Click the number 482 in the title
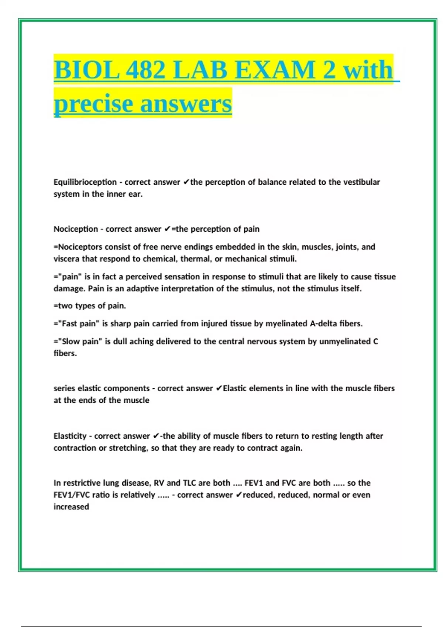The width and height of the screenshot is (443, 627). (x=145, y=70)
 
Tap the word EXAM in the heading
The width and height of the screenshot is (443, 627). (x=275, y=70)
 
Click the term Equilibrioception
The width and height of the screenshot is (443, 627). (x=85, y=182)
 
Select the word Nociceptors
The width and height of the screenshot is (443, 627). (x=79, y=247)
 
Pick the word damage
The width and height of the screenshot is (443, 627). (x=69, y=289)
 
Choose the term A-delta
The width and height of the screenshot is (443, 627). (x=323, y=324)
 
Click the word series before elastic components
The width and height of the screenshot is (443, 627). (x=64, y=388)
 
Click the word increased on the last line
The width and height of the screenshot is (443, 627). (x=71, y=507)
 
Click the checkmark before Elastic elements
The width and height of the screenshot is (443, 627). (x=219, y=388)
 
